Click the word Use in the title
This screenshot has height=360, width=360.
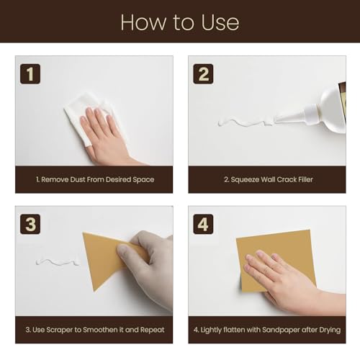(220, 22)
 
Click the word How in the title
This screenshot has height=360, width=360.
(143, 22)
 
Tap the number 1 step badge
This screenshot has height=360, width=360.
(30, 74)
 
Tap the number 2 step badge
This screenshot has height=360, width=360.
(203, 74)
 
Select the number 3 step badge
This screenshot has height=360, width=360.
(30, 224)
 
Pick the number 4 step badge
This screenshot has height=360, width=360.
(203, 224)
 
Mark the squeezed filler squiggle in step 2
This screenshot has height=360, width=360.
(245, 122)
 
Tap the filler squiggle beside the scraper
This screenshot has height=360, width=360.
(58, 262)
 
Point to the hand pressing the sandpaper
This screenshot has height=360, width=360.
(288, 281)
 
